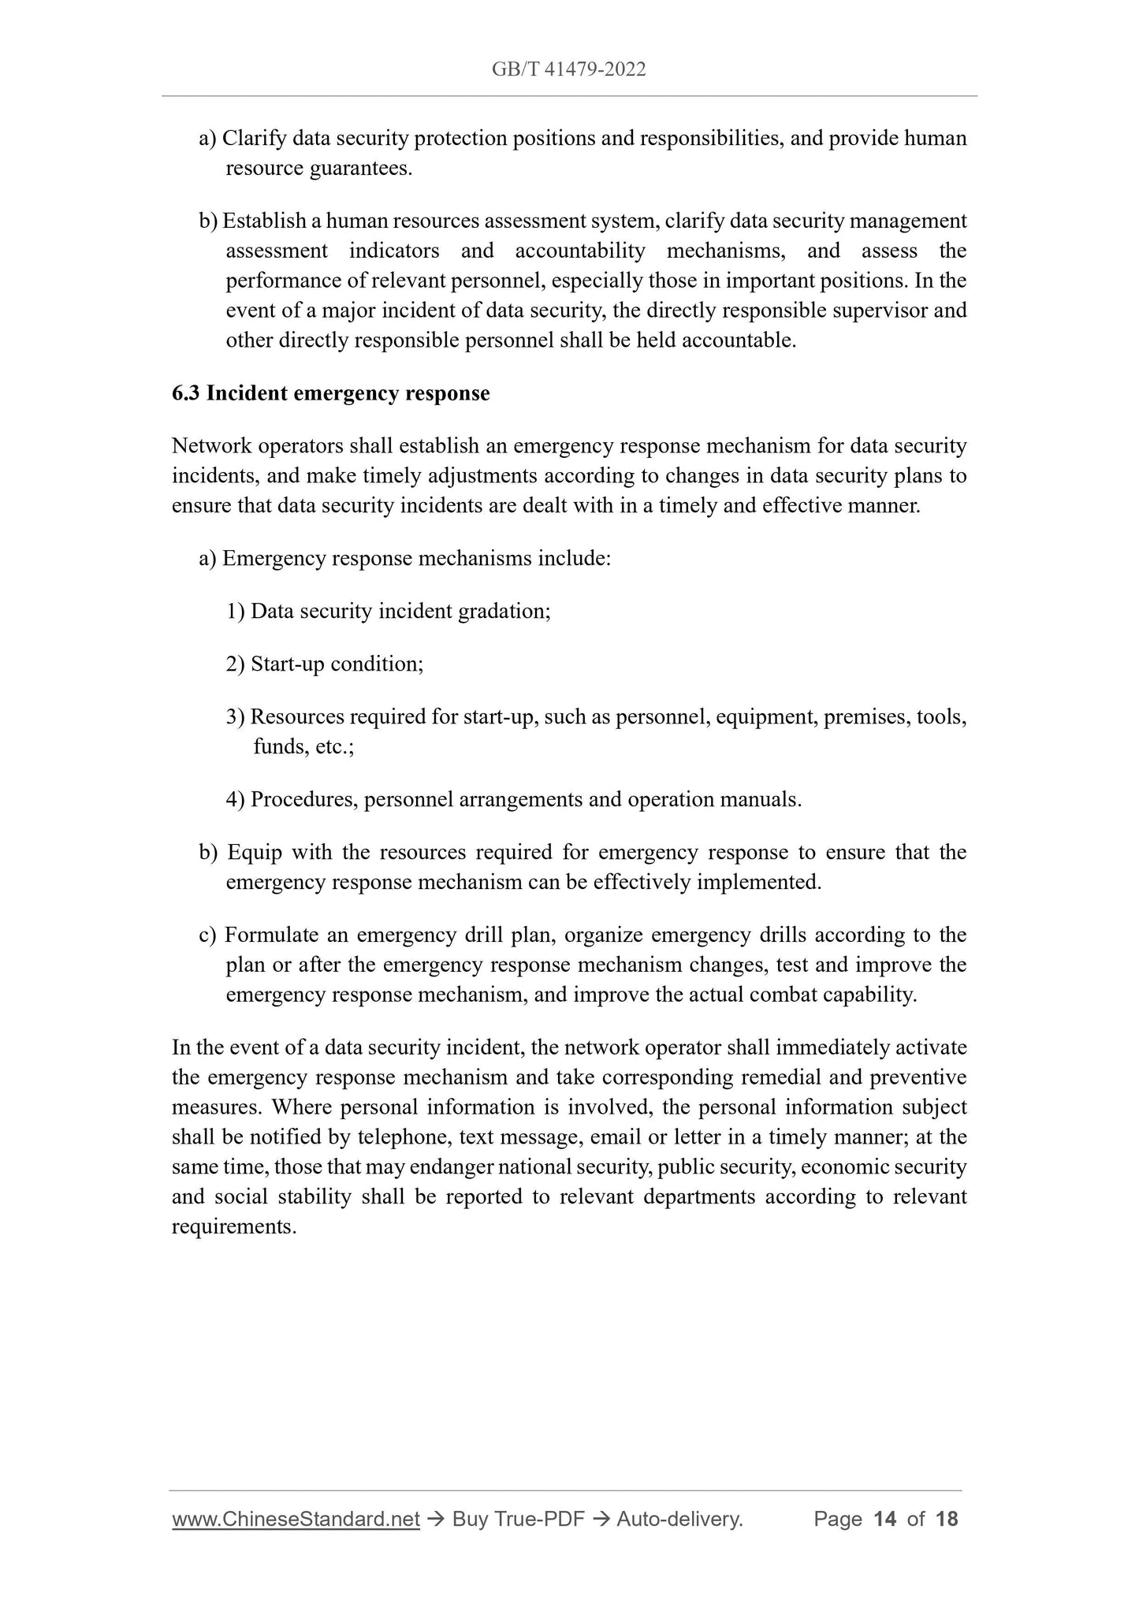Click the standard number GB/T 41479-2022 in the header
coord(568,69)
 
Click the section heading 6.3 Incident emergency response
coord(330,393)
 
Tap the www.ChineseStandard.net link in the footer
coord(296,1519)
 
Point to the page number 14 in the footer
coord(885,1519)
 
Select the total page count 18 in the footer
coord(946,1519)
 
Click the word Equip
coord(255,852)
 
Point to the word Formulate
coord(270,935)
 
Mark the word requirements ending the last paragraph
coord(233,1227)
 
